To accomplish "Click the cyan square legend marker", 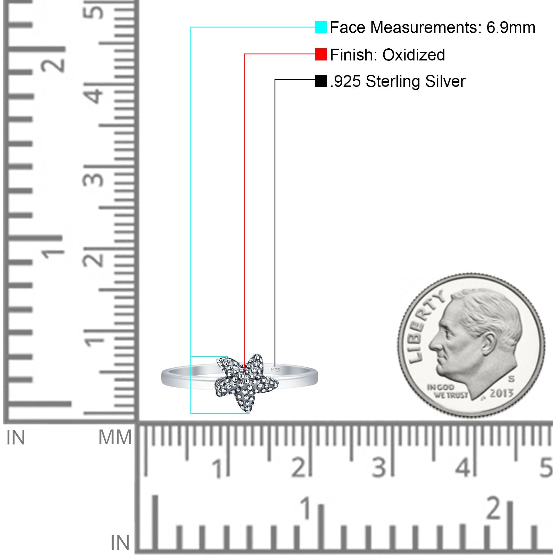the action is [x=321, y=27].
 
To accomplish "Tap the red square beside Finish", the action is [x=321, y=54].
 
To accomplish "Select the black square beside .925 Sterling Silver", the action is [x=321, y=81].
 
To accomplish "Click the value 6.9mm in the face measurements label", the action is [x=510, y=27].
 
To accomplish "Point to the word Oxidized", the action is [x=414, y=55].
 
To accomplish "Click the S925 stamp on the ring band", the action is [x=275, y=370].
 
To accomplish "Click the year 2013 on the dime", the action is [x=501, y=393].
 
